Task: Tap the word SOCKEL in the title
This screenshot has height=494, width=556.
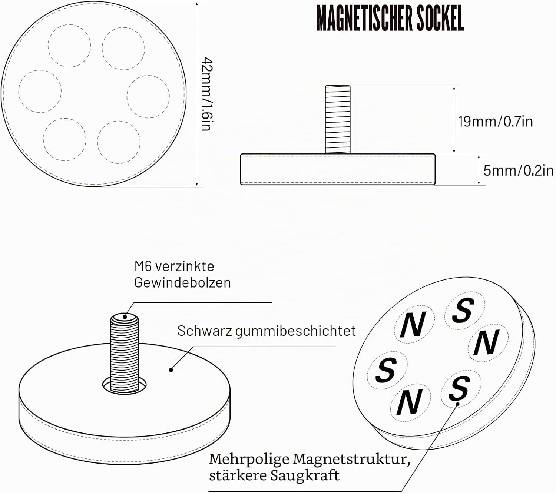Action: point(440,18)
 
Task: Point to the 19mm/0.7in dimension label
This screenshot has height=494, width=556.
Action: point(496,122)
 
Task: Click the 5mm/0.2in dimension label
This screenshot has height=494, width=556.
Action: point(519,171)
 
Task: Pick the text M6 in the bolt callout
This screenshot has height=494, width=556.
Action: point(143,266)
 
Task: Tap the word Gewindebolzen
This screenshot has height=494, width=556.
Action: point(182,283)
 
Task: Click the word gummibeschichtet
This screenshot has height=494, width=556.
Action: point(295,331)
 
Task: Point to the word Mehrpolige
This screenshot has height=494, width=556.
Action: point(249,460)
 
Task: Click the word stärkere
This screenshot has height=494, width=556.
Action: point(237,475)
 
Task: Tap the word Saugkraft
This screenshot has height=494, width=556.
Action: point(305,476)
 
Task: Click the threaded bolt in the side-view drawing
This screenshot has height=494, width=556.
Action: point(338,119)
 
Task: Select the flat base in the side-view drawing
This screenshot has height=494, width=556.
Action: point(338,169)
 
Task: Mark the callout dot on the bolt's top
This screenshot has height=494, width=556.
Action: point(125,317)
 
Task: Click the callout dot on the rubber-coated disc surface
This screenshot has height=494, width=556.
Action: point(171,370)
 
